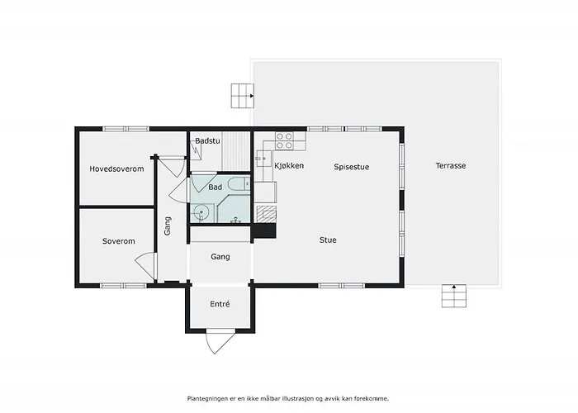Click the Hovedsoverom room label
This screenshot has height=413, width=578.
coord(116,169)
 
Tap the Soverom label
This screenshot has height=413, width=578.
coord(118,241)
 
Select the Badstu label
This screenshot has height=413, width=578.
coord(207,140)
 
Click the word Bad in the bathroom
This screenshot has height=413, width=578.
coord(216,187)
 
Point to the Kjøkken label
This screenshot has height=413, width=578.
coord(289,165)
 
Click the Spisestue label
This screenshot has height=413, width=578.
coord(351,167)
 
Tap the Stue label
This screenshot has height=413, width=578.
coord(328,240)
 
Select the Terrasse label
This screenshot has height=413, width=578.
coord(451,165)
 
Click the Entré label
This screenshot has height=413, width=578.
coord(220,304)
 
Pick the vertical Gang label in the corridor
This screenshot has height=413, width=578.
coord(168,225)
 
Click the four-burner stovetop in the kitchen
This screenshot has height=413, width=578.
coord(284,141)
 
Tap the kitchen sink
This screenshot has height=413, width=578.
coord(264,159)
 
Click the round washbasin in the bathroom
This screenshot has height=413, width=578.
coord(201,213)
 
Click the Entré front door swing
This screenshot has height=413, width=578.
coord(220,343)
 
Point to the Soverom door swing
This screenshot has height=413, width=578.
coord(145,266)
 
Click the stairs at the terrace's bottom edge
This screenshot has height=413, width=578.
coord(454,296)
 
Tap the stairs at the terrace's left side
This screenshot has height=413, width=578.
coord(243,96)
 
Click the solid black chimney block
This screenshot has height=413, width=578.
coord(263,231)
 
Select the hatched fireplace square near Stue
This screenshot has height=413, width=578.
coord(266,214)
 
